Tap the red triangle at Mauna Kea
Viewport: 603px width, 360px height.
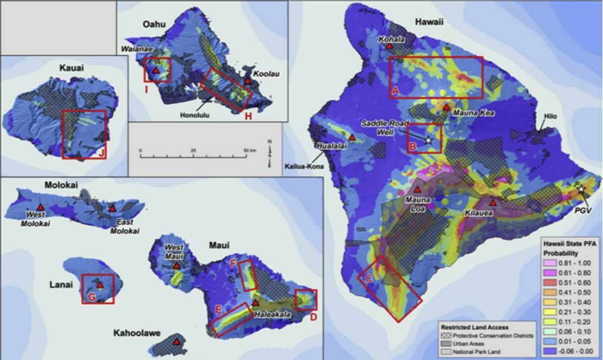446,107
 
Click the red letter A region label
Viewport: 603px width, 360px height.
396,90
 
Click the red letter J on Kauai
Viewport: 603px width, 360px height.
102,154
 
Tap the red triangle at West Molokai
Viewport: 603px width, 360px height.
40,207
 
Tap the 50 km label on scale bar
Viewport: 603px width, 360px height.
249,151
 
